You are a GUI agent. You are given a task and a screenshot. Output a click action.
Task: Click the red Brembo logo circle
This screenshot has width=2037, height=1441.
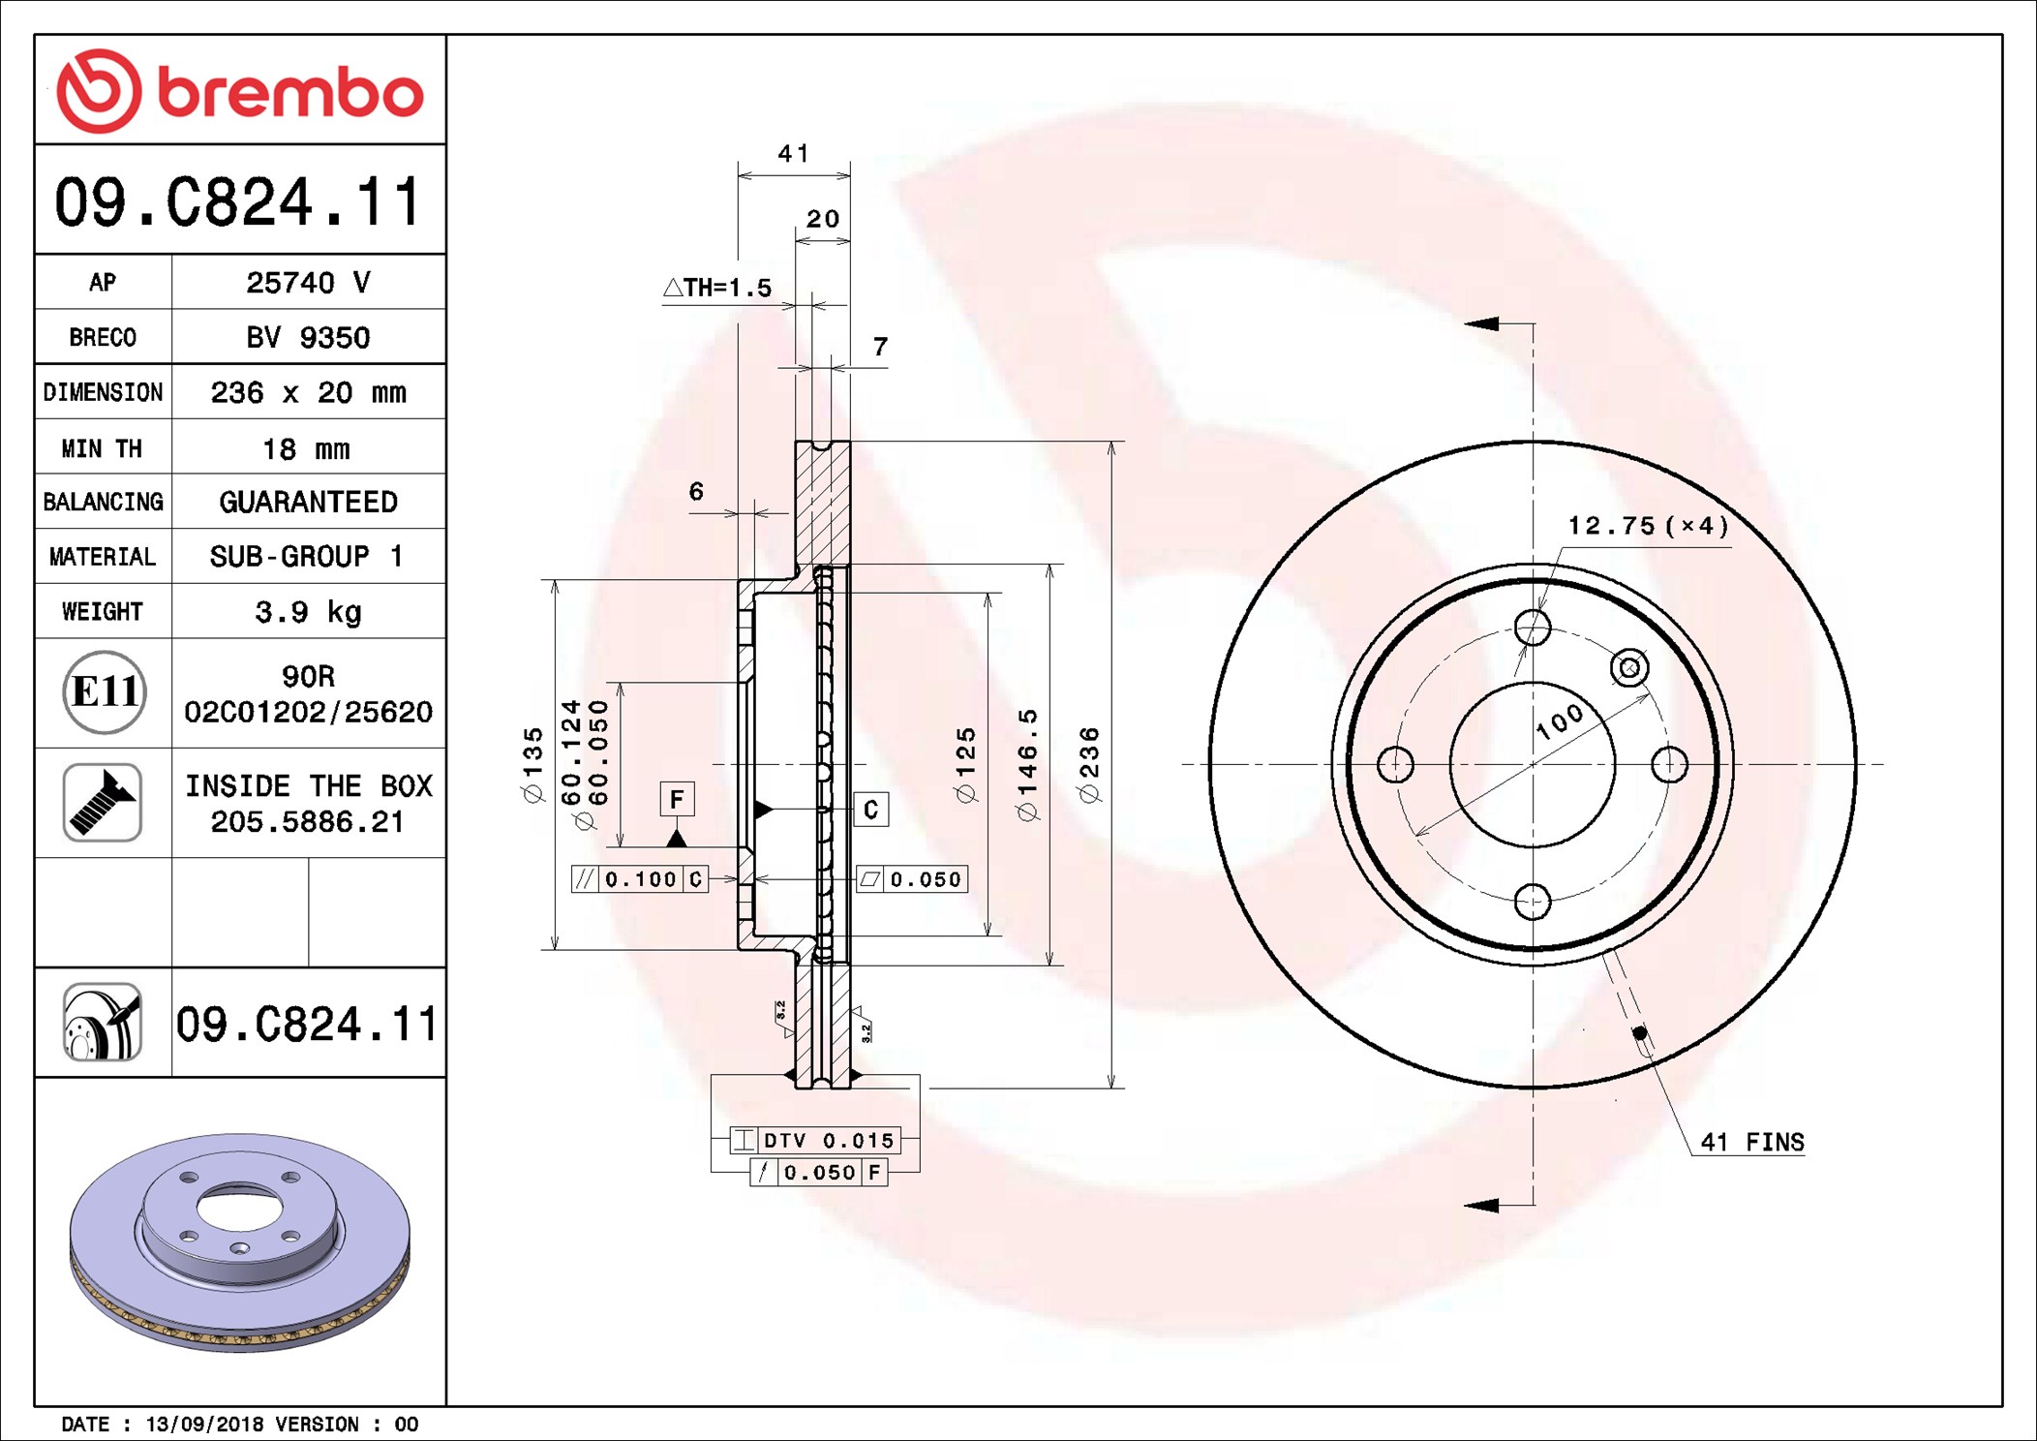click(x=99, y=91)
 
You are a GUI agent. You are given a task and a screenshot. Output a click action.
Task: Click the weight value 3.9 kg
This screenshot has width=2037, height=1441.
click(x=308, y=612)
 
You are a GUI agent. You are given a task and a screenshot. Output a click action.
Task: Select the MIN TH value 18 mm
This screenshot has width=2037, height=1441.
click(x=306, y=449)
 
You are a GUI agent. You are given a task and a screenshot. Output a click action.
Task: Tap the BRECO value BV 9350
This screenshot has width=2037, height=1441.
click(x=308, y=337)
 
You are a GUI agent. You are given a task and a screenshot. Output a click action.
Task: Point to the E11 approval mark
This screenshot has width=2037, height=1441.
click(x=105, y=691)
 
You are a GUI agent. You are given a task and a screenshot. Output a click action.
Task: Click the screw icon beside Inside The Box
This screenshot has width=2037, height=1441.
click(x=103, y=802)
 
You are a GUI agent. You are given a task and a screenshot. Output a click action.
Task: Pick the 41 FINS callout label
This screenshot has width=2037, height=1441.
click(x=1752, y=1142)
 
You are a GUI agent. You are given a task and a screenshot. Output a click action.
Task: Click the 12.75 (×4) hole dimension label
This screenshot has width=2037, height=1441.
click(x=1648, y=525)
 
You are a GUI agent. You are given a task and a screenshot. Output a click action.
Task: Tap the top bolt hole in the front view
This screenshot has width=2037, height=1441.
click(x=1533, y=628)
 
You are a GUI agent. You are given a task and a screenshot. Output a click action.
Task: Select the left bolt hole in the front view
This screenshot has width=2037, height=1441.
click(x=1395, y=764)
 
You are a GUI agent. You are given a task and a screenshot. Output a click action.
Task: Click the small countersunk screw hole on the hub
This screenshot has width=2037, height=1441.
click(x=1629, y=667)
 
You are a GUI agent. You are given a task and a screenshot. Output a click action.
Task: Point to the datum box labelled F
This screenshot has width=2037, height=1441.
click(x=677, y=799)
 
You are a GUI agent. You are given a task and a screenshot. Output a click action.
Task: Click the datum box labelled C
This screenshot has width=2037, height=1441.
click(x=871, y=809)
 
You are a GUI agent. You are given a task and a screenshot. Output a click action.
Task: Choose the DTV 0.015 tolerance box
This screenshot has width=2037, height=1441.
click(x=815, y=1140)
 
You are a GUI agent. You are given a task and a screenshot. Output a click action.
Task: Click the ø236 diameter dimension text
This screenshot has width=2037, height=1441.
click(x=1089, y=764)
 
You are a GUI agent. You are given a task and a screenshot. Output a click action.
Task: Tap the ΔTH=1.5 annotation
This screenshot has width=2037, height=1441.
click(x=717, y=288)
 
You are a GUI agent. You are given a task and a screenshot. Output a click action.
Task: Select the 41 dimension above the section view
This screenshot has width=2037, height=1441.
click(x=794, y=153)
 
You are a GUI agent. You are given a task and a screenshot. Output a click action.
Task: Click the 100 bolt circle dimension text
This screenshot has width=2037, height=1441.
click(x=1560, y=721)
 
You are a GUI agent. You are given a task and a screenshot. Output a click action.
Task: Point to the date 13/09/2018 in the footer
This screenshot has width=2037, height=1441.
click(x=204, y=1424)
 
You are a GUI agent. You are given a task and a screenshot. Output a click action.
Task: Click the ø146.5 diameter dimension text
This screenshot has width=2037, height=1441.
click(x=1027, y=764)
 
